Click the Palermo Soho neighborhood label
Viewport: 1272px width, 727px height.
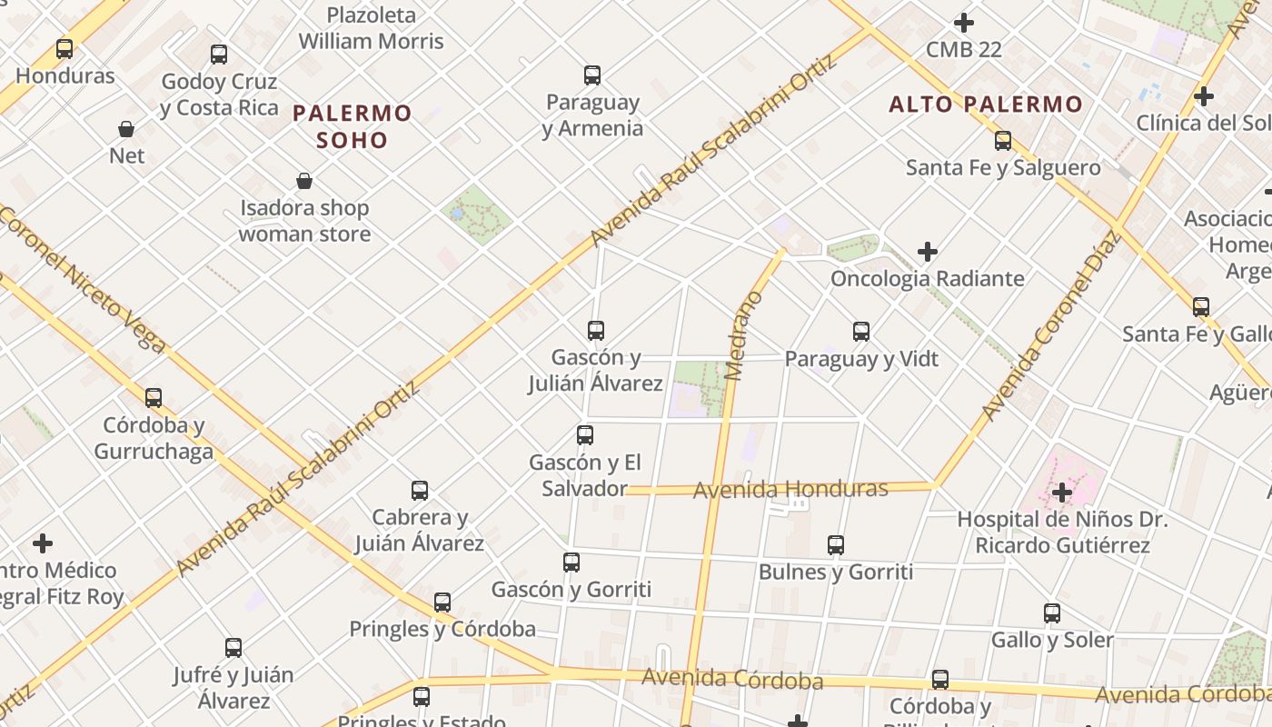pos(353,126)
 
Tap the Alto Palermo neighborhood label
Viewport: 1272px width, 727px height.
pos(986,105)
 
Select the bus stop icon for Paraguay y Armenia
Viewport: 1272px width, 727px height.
pos(592,75)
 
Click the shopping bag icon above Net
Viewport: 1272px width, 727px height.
pos(126,129)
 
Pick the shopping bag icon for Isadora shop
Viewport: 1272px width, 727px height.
pos(304,181)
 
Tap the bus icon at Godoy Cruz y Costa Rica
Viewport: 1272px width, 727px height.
pos(219,55)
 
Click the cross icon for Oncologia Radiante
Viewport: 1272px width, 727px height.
pos(928,252)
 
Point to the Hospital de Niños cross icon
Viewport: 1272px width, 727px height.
pos(1062,493)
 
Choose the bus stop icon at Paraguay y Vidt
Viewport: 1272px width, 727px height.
pos(861,332)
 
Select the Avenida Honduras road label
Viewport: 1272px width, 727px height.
pos(790,489)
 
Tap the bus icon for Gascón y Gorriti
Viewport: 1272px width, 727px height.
pos(571,563)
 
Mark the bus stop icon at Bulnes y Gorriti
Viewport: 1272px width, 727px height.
pos(836,545)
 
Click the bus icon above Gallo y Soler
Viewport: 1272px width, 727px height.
pos(1052,613)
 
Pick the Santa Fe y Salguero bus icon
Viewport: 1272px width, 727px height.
pos(1003,141)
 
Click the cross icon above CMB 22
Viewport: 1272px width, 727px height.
pos(964,23)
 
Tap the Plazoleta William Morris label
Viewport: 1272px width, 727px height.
pos(371,28)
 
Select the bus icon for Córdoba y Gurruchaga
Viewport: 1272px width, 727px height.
pos(154,398)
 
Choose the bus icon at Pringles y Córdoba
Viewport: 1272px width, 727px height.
pos(442,603)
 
